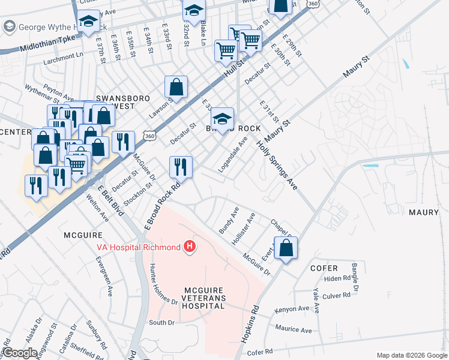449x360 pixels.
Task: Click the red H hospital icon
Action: [190, 247]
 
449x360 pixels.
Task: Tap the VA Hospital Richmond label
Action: [139, 247]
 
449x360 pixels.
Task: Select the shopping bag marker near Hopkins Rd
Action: [286, 248]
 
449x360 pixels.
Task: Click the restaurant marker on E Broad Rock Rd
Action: [181, 167]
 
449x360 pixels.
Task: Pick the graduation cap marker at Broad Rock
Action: [222, 119]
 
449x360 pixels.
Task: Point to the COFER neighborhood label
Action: [324, 268]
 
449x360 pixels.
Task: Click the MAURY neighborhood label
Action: [424, 212]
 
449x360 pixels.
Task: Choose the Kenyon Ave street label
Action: [292, 309]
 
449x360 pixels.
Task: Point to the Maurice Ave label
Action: [294, 329]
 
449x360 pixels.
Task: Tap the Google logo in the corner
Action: [19, 352]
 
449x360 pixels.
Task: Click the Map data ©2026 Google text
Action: [411, 355]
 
